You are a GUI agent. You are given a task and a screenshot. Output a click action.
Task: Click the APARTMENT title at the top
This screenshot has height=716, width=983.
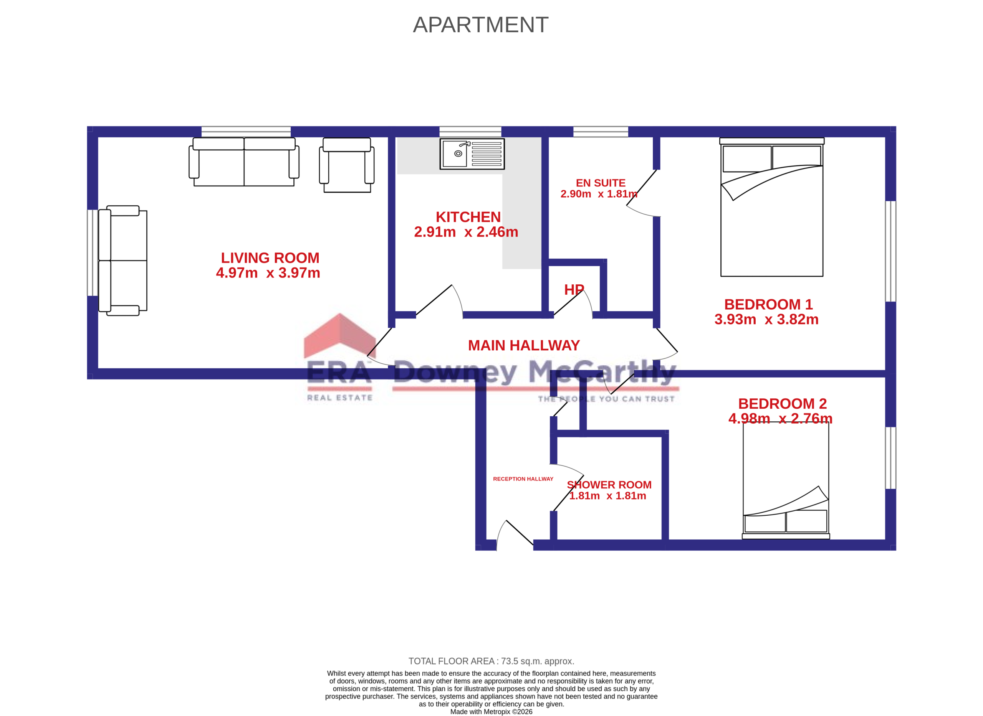click(x=480, y=25)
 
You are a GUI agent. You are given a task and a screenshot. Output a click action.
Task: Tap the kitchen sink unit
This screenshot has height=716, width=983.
click(x=472, y=154)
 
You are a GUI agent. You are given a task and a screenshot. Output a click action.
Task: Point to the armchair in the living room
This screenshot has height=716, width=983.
click(x=346, y=165)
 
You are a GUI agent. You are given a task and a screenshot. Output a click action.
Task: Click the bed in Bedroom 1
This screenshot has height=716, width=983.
click(x=771, y=207)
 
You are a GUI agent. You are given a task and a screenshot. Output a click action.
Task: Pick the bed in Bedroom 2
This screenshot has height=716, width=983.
click(x=785, y=481)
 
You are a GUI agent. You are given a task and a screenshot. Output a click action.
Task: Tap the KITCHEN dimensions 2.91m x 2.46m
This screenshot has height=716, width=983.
click(x=466, y=232)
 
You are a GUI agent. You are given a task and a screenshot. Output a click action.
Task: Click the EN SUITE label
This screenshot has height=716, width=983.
click(x=600, y=183)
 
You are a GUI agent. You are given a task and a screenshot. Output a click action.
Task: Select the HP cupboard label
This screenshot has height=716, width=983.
click(x=574, y=290)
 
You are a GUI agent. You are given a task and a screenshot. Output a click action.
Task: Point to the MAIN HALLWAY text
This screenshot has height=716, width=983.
click(x=523, y=345)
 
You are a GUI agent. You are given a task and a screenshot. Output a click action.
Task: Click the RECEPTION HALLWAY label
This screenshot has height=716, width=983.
click(x=523, y=479)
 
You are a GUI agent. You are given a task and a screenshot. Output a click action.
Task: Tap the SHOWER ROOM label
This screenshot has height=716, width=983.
click(x=609, y=485)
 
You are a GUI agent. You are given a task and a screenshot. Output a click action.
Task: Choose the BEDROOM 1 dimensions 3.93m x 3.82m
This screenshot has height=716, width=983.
click(x=766, y=319)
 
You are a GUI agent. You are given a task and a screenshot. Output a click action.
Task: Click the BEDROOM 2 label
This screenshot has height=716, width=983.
click(x=782, y=404)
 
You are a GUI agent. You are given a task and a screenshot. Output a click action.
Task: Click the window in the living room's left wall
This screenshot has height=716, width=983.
click(x=93, y=253)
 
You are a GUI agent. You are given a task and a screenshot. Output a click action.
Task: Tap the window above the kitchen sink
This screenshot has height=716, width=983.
click(x=470, y=132)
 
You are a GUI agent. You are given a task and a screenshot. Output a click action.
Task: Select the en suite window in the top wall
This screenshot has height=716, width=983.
click(x=600, y=132)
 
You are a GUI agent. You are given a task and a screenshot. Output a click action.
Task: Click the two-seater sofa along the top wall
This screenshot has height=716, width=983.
click(x=244, y=162)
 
